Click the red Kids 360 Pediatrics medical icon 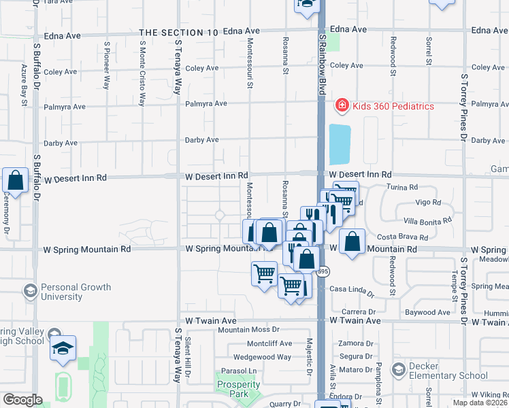pos(341,105)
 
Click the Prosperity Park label pos(238,389)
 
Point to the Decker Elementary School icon pos(396,370)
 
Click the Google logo pos(22,400)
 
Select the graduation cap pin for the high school pos(63,347)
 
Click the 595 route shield pos(323,271)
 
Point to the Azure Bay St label pos(24,85)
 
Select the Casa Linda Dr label pos(352,290)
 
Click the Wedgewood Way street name pos(262,356)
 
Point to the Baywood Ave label pos(427,312)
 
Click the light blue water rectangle pos(340,144)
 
